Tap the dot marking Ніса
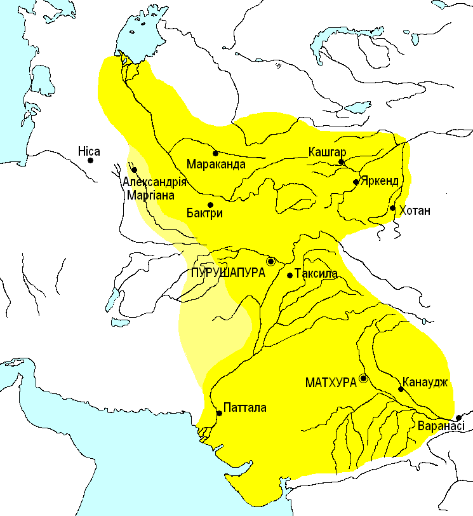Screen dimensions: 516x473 click(91, 161)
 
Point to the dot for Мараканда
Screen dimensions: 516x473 click(215, 153)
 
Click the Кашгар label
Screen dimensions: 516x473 click(327, 152)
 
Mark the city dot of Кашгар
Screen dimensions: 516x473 click(341, 162)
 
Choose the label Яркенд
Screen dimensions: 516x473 click(380, 181)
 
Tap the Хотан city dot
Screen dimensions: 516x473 click(392, 208)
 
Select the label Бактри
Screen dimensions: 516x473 click(204, 214)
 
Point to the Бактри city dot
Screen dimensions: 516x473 click(210, 204)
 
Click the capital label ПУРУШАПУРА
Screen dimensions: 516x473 click(227, 271)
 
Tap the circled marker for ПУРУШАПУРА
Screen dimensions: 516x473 click(270, 261)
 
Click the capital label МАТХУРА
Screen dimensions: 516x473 click(330, 383)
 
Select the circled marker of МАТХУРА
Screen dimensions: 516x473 click(363, 378)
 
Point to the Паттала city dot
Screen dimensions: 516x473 click(219, 413)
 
